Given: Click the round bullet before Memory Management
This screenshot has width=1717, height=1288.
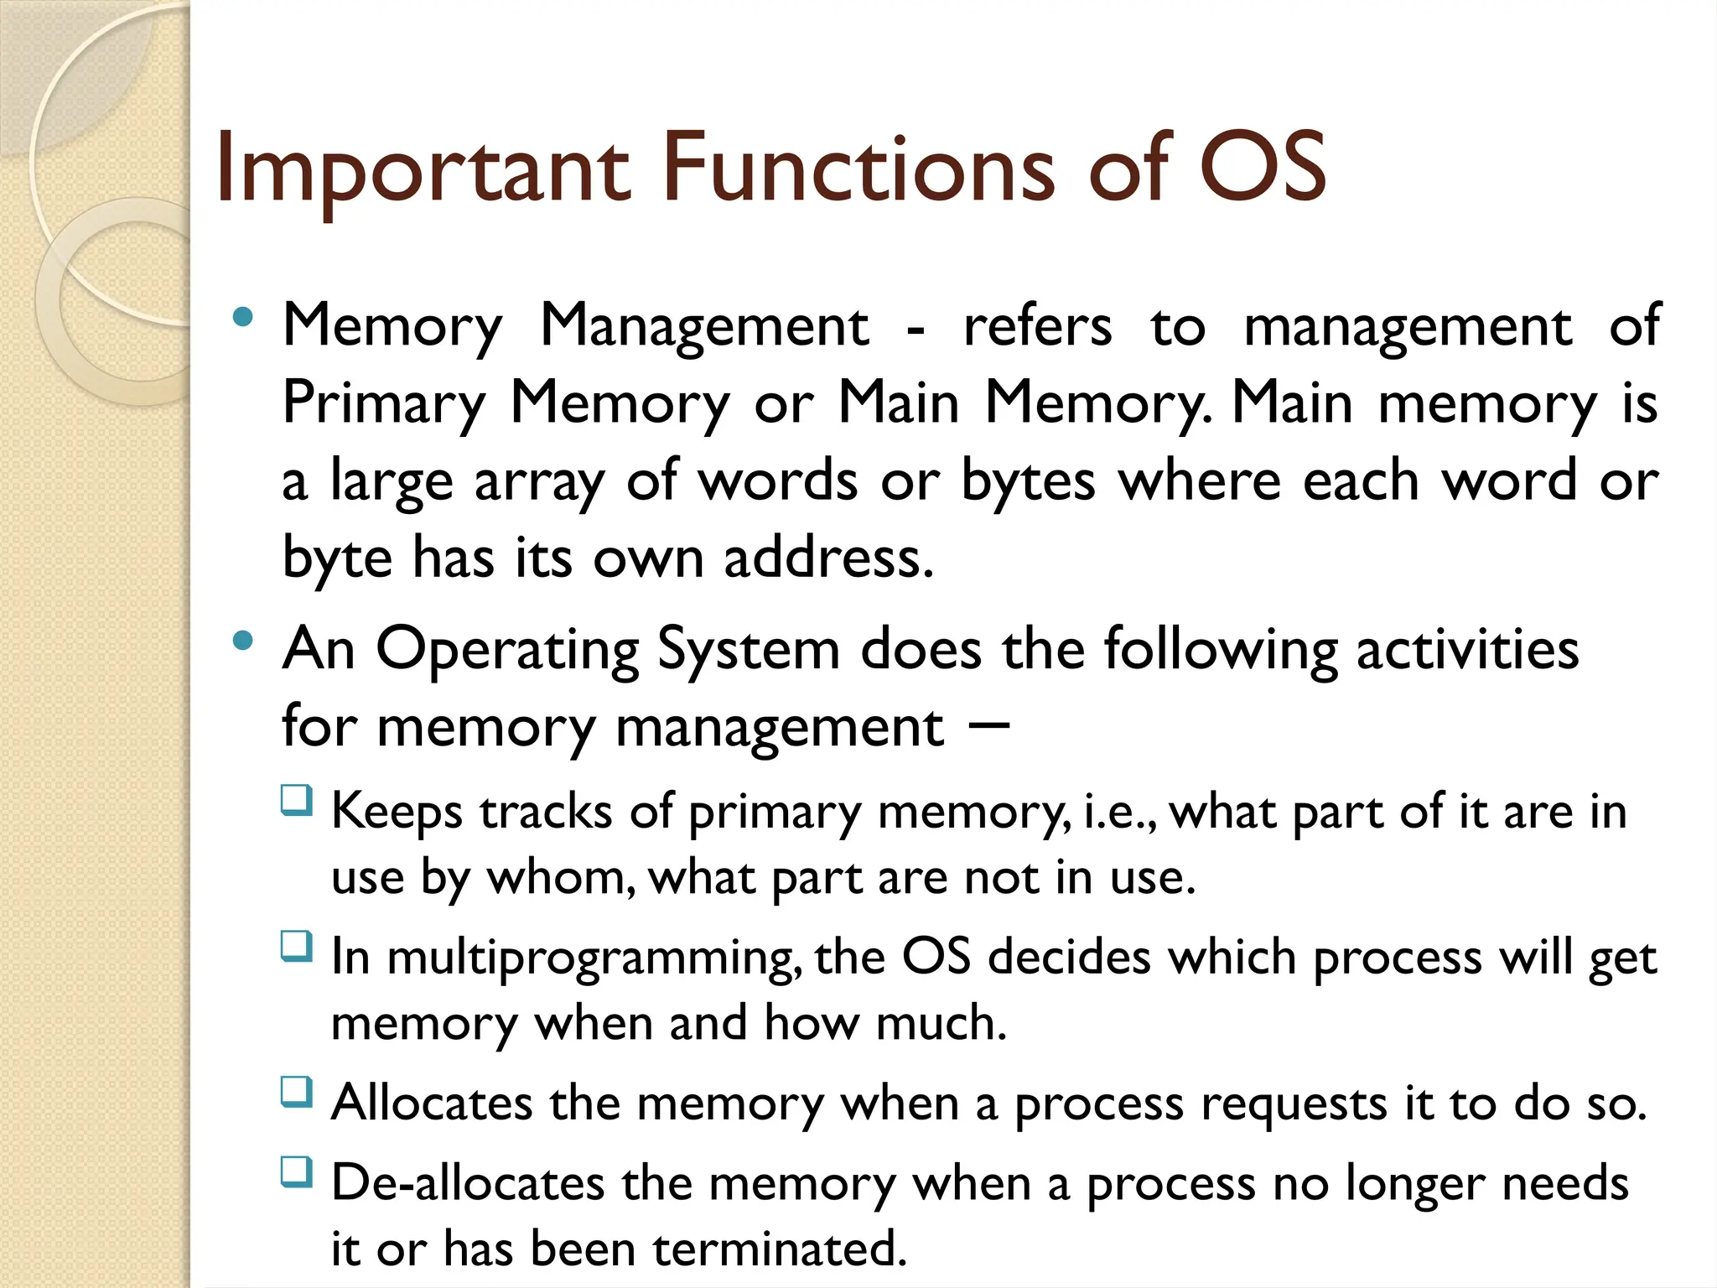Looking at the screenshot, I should (243, 318).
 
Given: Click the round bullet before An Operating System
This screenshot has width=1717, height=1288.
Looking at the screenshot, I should (243, 641).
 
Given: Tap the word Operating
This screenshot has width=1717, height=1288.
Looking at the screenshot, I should (506, 651).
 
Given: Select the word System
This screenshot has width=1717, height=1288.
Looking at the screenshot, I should (748, 649).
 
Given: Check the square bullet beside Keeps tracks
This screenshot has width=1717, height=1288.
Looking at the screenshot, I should (297, 802).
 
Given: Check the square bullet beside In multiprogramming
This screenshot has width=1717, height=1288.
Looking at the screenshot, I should (297, 947).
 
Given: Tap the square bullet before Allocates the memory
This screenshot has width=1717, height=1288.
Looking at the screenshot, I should (297, 1092).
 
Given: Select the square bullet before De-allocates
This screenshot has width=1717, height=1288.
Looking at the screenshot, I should (297, 1171).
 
